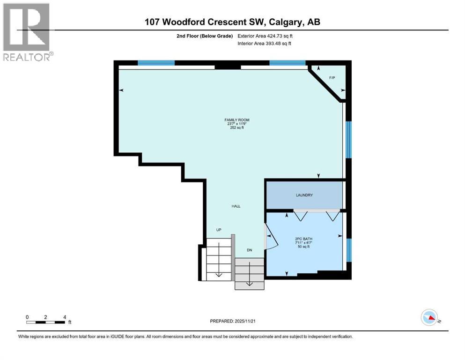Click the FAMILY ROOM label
point(236,120)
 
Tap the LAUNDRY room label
point(304,195)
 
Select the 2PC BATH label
point(304,239)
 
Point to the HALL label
point(236,206)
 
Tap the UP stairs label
point(218,230)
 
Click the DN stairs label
point(250,251)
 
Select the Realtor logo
point(27,32)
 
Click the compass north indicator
point(429,317)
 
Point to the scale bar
point(45,322)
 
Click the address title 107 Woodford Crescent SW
point(233,22)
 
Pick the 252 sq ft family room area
point(236,128)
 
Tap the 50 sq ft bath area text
point(304,247)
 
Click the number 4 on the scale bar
point(64,317)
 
